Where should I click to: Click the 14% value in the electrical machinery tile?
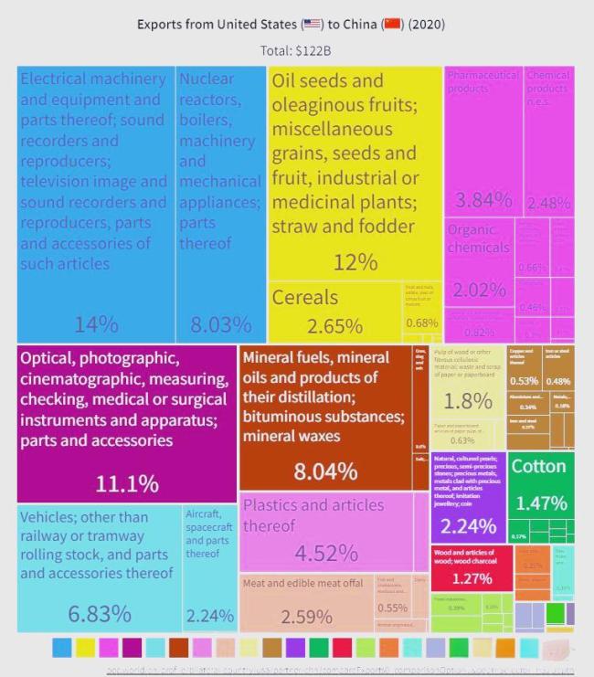pyautogui.click(x=96, y=323)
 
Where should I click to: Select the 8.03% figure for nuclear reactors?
pyautogui.click(x=220, y=323)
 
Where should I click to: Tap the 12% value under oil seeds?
pyautogui.click(x=355, y=263)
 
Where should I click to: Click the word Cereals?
pyautogui.click(x=304, y=297)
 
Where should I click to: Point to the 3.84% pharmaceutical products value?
pyautogui.click(x=483, y=200)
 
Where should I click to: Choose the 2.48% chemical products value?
pyautogui.click(x=549, y=202)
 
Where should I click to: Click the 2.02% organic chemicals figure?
pyautogui.click(x=480, y=290)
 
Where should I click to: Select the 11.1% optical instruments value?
pyautogui.click(x=126, y=482)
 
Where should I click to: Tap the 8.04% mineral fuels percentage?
pyautogui.click(x=325, y=471)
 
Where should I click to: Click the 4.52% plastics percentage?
pyautogui.click(x=325, y=553)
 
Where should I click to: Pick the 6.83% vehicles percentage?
pyautogui.click(x=100, y=613)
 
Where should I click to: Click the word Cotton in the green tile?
pyautogui.click(x=538, y=466)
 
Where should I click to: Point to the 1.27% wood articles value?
pyautogui.click(x=472, y=578)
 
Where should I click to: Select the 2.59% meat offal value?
pyautogui.click(x=306, y=617)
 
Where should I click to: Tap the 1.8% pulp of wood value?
pyautogui.click(x=468, y=400)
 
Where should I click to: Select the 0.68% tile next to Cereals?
pyautogui.click(x=421, y=323)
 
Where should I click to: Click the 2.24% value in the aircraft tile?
pyautogui.click(x=210, y=616)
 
